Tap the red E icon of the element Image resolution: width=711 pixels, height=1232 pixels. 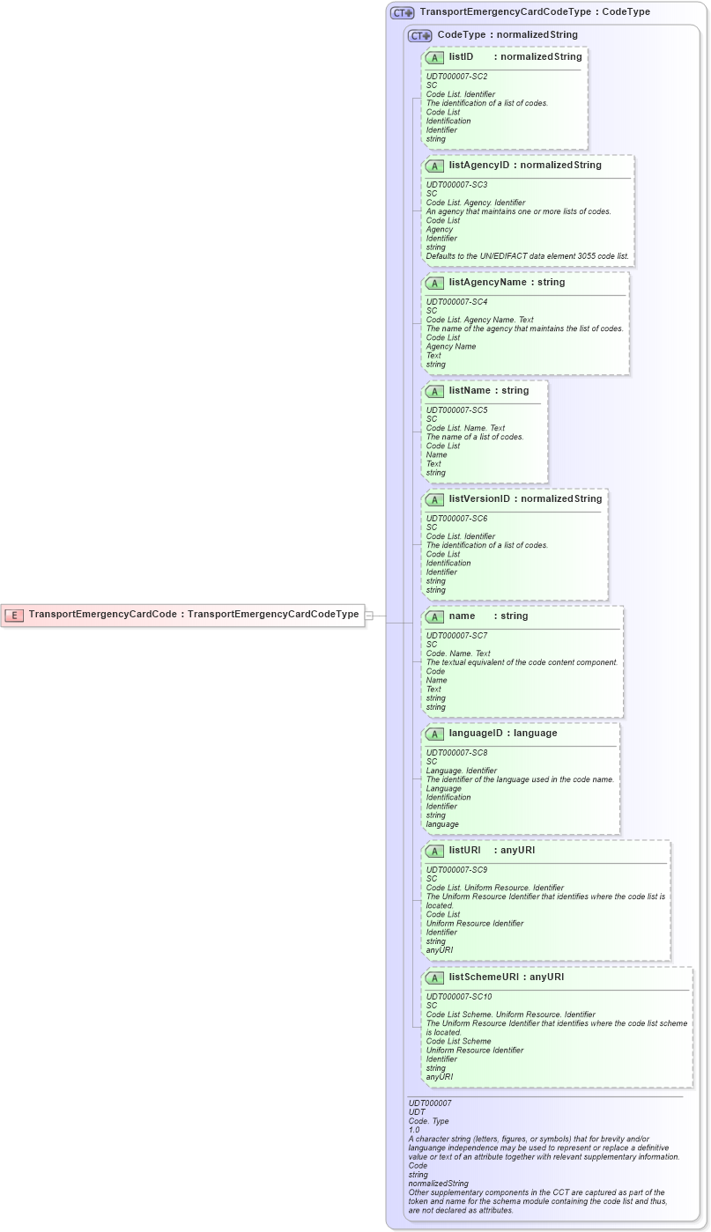point(14,615)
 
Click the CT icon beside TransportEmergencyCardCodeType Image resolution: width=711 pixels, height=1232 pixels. point(403,12)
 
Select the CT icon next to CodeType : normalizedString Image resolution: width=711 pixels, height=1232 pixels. point(419,35)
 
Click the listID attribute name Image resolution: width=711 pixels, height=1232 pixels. point(462,57)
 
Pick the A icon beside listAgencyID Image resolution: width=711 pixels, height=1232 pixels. point(434,166)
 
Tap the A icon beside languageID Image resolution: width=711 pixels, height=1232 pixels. point(434,734)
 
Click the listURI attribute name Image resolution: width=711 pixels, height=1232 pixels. point(464,851)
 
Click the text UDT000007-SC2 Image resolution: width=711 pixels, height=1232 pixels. point(456,77)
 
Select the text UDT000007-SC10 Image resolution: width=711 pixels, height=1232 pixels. point(458,997)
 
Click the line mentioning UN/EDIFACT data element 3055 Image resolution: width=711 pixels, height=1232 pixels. point(528,256)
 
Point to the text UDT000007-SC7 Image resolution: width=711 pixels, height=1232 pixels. point(456,636)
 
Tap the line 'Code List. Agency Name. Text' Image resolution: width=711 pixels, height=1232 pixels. point(479,320)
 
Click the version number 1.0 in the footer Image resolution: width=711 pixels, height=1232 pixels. point(414,1130)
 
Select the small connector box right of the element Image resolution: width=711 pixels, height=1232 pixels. point(370,615)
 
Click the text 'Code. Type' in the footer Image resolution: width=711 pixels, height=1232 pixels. point(428,1121)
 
